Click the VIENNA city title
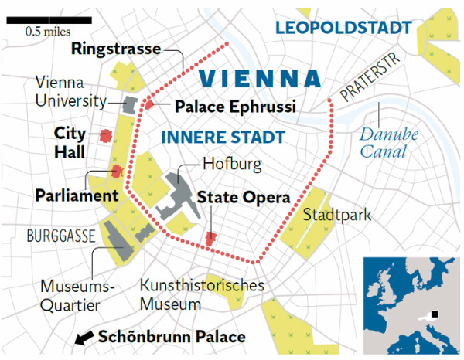[259, 78]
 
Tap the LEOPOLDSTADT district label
[343, 29]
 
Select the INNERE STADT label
[222, 138]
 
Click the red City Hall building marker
[104, 136]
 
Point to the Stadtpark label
[337, 214]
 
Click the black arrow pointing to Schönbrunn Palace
[84, 338]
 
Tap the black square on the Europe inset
[435, 313]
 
